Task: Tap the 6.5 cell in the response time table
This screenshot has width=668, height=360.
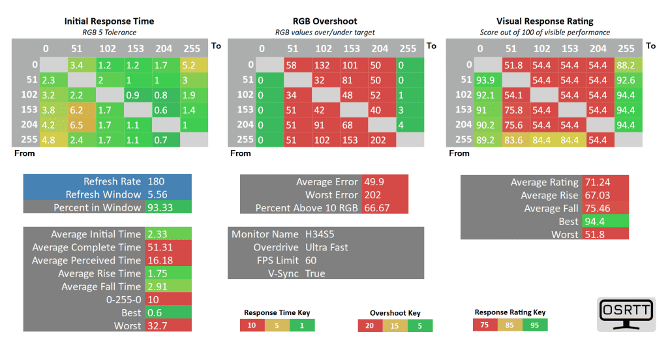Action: point(77,124)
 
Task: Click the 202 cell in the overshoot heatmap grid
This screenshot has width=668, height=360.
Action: point(378,139)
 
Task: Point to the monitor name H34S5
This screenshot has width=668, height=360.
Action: point(320,234)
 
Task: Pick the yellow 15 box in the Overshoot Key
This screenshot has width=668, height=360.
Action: point(395,325)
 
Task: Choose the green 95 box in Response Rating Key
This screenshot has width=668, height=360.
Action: point(534,325)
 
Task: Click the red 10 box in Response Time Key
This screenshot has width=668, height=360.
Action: point(252,325)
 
